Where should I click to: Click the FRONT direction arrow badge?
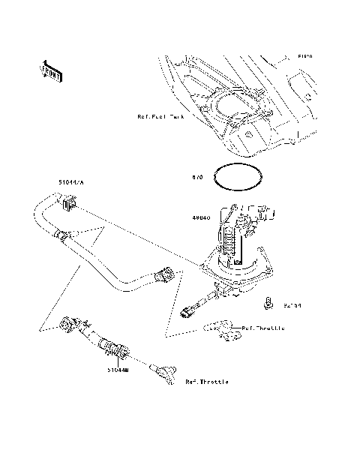coord(51,70)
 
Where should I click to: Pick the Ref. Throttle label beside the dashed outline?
coord(263,327)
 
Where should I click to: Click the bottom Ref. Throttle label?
coord(207,382)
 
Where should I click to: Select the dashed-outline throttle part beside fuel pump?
coord(223,329)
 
